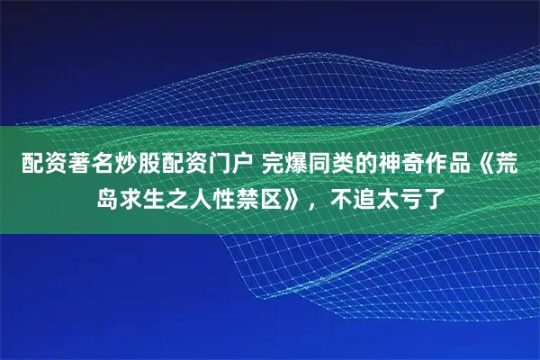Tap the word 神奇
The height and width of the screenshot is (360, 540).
point(432,165)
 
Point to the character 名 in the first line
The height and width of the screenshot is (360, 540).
point(112,165)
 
